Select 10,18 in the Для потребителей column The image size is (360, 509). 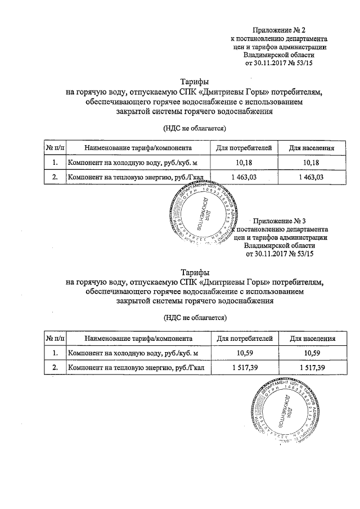click(244, 163)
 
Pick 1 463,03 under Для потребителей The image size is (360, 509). click(244, 177)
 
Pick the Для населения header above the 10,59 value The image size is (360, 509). click(312, 339)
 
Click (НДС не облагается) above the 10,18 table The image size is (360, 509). click(194, 128)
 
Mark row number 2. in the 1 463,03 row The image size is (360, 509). click(55, 177)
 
